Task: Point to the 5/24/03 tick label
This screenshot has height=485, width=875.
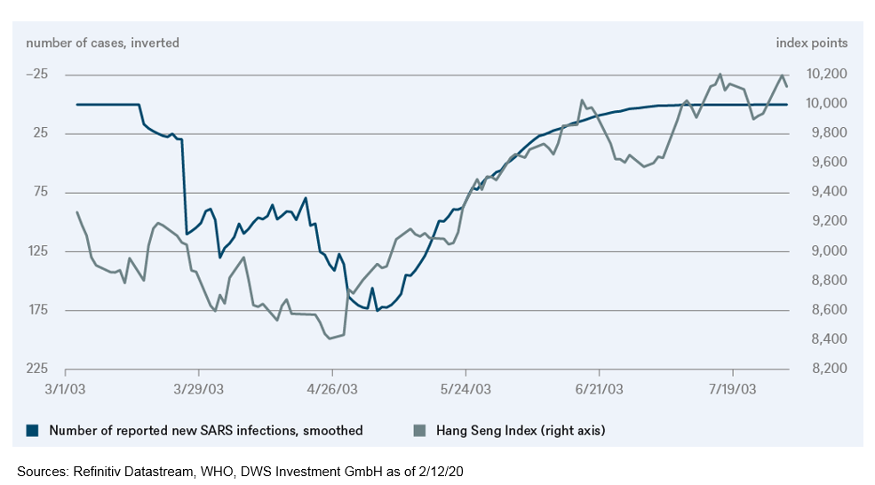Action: pyautogui.click(x=465, y=389)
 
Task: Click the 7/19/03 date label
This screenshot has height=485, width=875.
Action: pyautogui.click(x=733, y=389)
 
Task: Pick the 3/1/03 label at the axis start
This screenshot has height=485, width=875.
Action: pyautogui.click(x=65, y=389)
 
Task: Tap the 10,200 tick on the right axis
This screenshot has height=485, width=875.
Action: pyautogui.click(x=823, y=74)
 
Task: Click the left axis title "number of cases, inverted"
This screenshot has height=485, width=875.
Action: pyautogui.click(x=102, y=43)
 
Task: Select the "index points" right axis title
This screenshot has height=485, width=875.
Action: pyautogui.click(x=812, y=43)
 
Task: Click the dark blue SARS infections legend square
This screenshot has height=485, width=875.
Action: pyautogui.click(x=33, y=431)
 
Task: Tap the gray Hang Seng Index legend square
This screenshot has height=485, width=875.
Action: pyautogui.click(x=420, y=431)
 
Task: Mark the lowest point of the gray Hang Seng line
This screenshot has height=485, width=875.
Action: pyautogui.click(x=330, y=338)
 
